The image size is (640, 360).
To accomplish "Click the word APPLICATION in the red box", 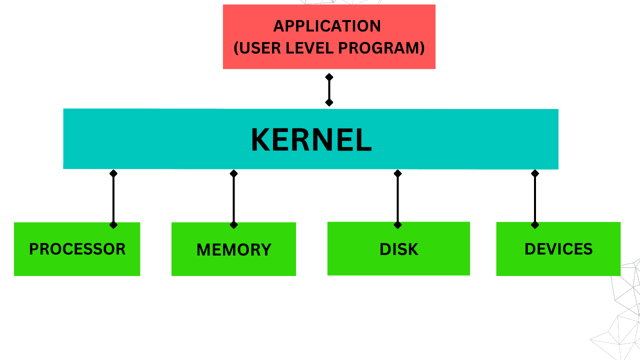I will pyautogui.click(x=327, y=26).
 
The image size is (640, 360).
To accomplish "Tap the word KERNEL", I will pyautogui.click(x=311, y=140).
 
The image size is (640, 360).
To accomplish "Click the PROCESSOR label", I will pyautogui.click(x=77, y=249).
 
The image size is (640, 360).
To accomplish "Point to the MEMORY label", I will pyautogui.click(x=233, y=249).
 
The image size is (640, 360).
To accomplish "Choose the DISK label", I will pyautogui.click(x=398, y=249).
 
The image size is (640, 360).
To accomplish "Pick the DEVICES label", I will pyautogui.click(x=558, y=249).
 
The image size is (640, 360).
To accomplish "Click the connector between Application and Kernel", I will pyautogui.click(x=329, y=90).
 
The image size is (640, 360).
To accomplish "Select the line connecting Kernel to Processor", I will pyautogui.click(x=113, y=199).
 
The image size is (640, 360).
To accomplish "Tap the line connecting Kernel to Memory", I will pyautogui.click(x=233, y=199).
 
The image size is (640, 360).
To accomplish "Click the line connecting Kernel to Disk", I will pyautogui.click(x=397, y=199).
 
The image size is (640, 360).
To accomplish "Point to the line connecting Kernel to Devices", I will pyautogui.click(x=535, y=199).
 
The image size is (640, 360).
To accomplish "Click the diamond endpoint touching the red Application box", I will pyautogui.click(x=329, y=77).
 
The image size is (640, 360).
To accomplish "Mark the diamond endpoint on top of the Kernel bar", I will pyautogui.click(x=329, y=102).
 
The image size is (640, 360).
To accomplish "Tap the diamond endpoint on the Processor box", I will pyautogui.click(x=113, y=225).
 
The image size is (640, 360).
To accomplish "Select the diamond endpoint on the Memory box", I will pyautogui.click(x=233, y=225).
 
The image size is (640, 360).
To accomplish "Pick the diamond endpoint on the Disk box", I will pyautogui.click(x=397, y=225).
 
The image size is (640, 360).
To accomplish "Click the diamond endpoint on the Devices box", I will pyautogui.click(x=535, y=225).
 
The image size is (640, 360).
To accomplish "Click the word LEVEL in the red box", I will pyautogui.click(x=310, y=48).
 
